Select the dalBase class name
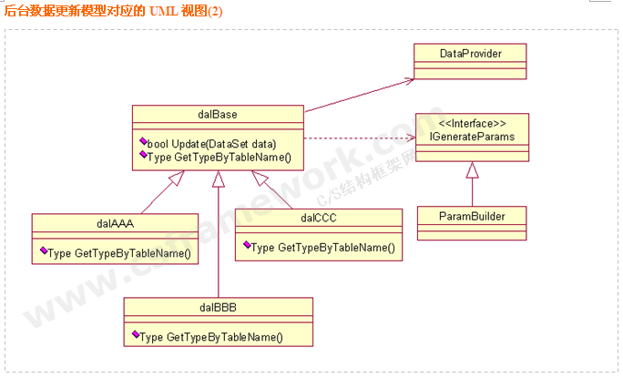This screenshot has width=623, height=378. (218, 114)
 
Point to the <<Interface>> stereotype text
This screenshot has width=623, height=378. (472, 124)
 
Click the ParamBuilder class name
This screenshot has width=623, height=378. (472, 216)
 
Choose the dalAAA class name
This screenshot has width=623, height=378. (115, 221)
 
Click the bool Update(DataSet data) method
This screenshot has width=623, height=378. (211, 144)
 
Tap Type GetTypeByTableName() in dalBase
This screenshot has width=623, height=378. (219, 157)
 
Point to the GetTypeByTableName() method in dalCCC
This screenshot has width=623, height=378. (322, 247)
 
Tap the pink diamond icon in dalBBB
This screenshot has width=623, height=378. (136, 336)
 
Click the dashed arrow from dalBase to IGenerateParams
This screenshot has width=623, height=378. (355, 138)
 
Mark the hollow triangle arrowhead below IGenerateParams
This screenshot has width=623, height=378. (472, 169)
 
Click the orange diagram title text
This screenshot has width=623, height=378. (113, 12)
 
